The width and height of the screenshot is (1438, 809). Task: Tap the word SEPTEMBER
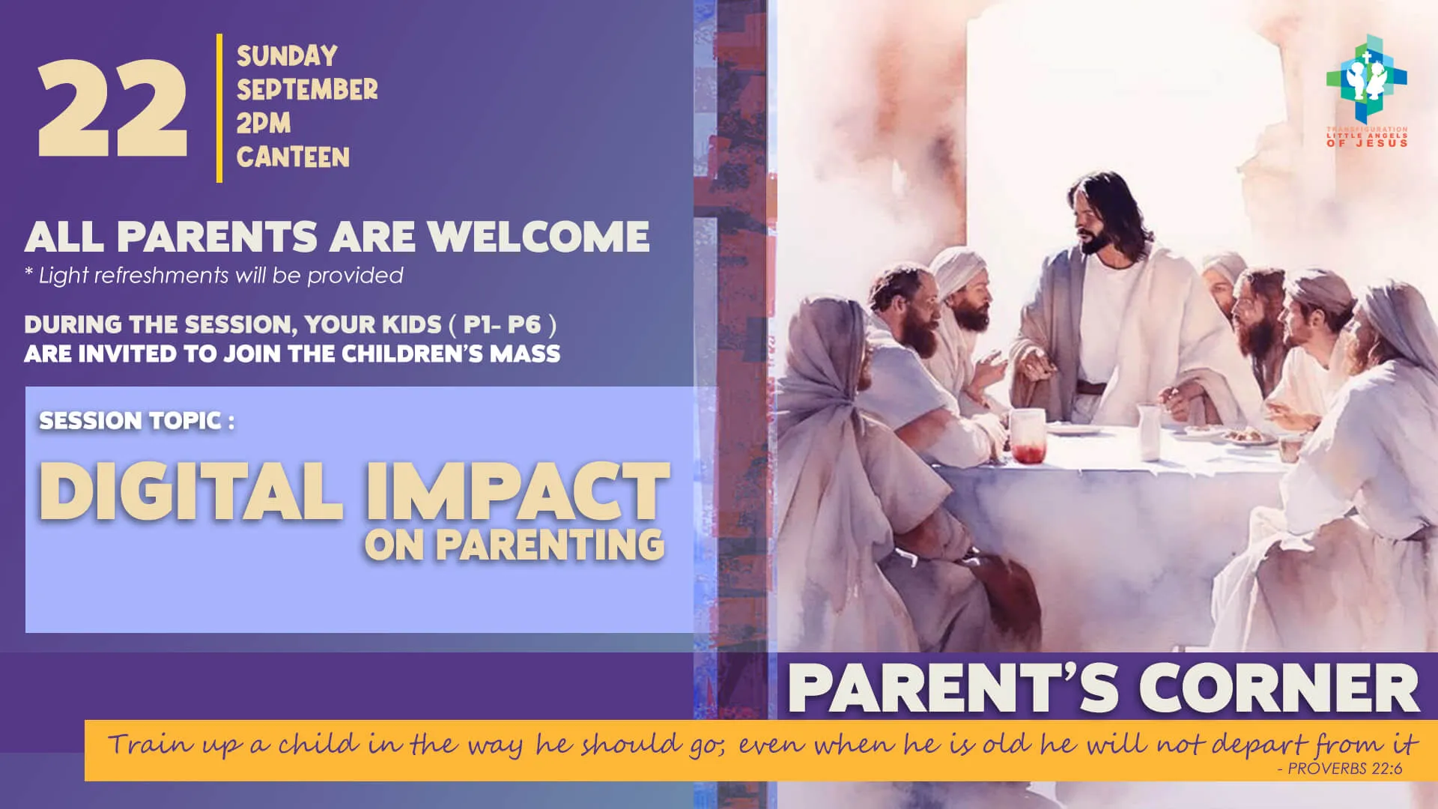(307, 90)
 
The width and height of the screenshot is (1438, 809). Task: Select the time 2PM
(264, 124)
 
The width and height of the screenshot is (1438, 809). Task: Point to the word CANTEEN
(293, 157)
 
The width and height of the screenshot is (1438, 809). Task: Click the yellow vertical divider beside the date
(219, 108)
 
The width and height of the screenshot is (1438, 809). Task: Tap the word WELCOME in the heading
(539, 237)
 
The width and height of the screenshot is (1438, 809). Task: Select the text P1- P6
(502, 324)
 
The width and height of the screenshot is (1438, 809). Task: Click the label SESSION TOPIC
(136, 421)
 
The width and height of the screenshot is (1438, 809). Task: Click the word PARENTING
(550, 545)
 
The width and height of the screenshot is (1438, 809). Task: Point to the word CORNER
(1278, 688)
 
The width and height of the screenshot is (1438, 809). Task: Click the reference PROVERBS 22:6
(1344, 769)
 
